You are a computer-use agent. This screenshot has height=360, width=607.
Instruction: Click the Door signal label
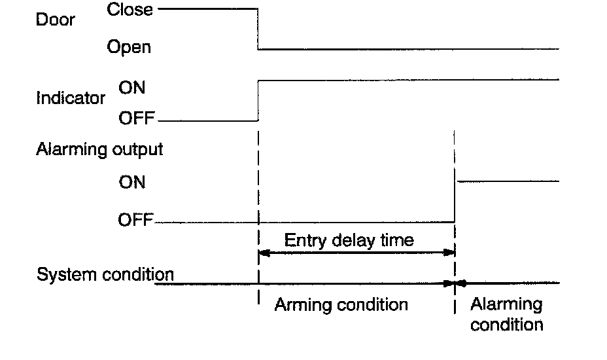56,20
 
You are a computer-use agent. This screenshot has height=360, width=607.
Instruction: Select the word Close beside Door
130,10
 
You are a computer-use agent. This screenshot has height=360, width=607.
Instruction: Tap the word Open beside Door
129,47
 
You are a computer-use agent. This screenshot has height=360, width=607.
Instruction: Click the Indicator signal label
71,99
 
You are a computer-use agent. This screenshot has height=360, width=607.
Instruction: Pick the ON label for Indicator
132,88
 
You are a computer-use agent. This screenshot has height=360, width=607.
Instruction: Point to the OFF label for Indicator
136,120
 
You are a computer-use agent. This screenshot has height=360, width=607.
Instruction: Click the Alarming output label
99,149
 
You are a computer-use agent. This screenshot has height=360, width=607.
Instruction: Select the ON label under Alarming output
132,182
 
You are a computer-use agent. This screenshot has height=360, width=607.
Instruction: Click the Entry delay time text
349,240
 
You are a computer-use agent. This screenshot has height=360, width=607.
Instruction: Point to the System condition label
105,274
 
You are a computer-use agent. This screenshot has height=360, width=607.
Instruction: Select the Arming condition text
341,304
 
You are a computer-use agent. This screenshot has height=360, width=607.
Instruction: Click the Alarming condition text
506,314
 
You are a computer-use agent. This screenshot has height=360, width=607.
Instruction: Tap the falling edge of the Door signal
259,29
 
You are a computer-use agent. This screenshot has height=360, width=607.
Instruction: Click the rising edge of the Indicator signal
259,100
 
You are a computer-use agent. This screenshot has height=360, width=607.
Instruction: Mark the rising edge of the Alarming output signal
455,202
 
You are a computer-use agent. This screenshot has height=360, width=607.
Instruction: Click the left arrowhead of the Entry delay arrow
264,252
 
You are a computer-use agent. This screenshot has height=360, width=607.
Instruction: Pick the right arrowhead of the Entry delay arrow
450,252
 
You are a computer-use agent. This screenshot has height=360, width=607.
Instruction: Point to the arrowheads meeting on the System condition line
455,283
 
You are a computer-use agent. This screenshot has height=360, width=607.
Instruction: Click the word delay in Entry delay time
348,240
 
